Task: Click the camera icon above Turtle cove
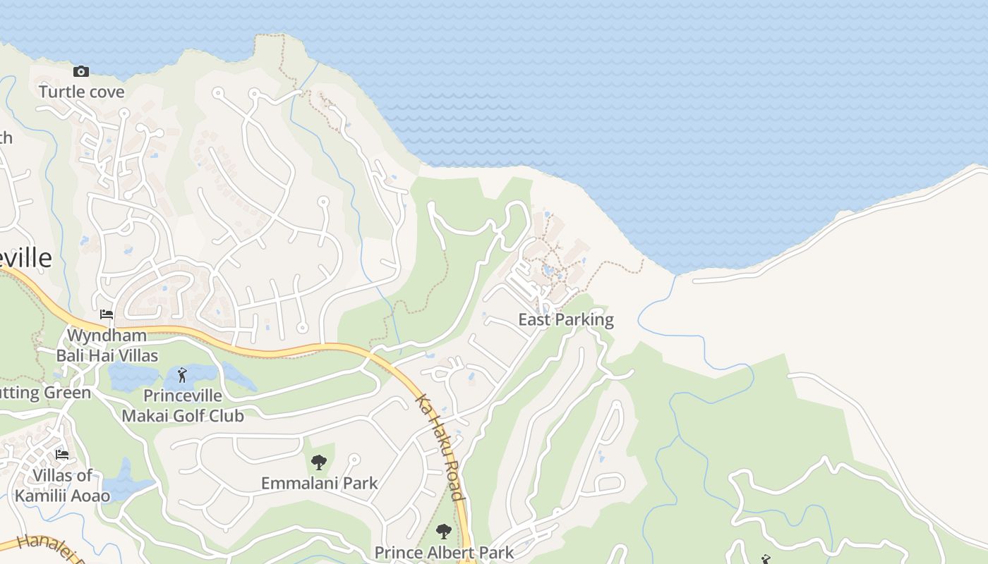(x=81, y=71)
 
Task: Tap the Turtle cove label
(x=82, y=92)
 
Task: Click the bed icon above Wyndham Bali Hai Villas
(x=107, y=314)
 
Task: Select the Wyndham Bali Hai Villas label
(x=107, y=345)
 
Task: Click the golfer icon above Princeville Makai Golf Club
(x=183, y=375)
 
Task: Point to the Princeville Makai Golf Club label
(x=183, y=406)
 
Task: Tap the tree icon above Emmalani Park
(x=319, y=462)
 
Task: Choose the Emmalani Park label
(x=320, y=484)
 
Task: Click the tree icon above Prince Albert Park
(x=444, y=532)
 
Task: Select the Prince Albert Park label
(x=444, y=552)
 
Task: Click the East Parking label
(x=566, y=320)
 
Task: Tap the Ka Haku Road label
(x=440, y=447)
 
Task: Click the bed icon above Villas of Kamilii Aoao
(x=62, y=455)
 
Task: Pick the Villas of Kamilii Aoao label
(x=62, y=486)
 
